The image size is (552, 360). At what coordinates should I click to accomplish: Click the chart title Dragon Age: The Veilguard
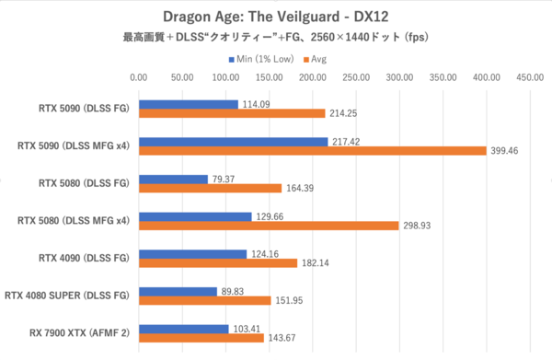275,17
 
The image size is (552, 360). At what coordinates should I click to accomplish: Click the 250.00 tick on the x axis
355,77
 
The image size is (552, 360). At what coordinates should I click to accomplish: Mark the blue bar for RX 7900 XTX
183,329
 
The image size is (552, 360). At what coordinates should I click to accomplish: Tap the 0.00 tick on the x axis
139,77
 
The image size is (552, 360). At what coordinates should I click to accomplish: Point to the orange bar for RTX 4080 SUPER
204,300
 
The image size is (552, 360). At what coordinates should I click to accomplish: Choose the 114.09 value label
256,104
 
